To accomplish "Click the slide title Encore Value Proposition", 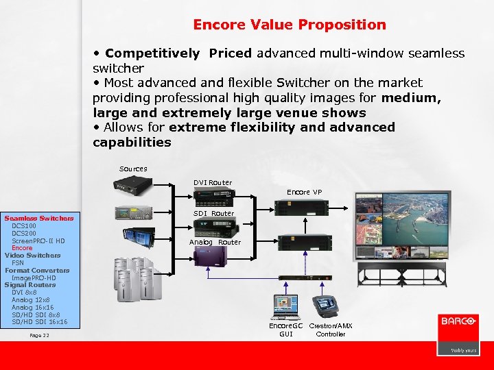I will (289, 25).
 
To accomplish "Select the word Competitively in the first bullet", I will (152, 53).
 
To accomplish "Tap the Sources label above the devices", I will (133, 169).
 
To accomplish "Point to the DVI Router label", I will (213, 183).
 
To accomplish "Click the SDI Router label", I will (213, 213).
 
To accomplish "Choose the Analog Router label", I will (215, 242).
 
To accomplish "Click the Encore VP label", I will (303, 193).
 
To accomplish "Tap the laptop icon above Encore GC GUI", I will (285, 307).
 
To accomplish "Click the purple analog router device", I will (215, 256).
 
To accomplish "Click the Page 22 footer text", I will (40, 335).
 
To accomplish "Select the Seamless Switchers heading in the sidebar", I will (39, 219).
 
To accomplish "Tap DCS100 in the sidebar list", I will (25, 225).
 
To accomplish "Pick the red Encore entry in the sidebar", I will (23, 248).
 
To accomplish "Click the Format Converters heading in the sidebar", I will (37, 270).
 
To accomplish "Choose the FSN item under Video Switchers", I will (18, 262).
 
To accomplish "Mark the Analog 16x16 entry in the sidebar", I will (32, 307).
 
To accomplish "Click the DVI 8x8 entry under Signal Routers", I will (25, 293).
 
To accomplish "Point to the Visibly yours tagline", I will (463, 350).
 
